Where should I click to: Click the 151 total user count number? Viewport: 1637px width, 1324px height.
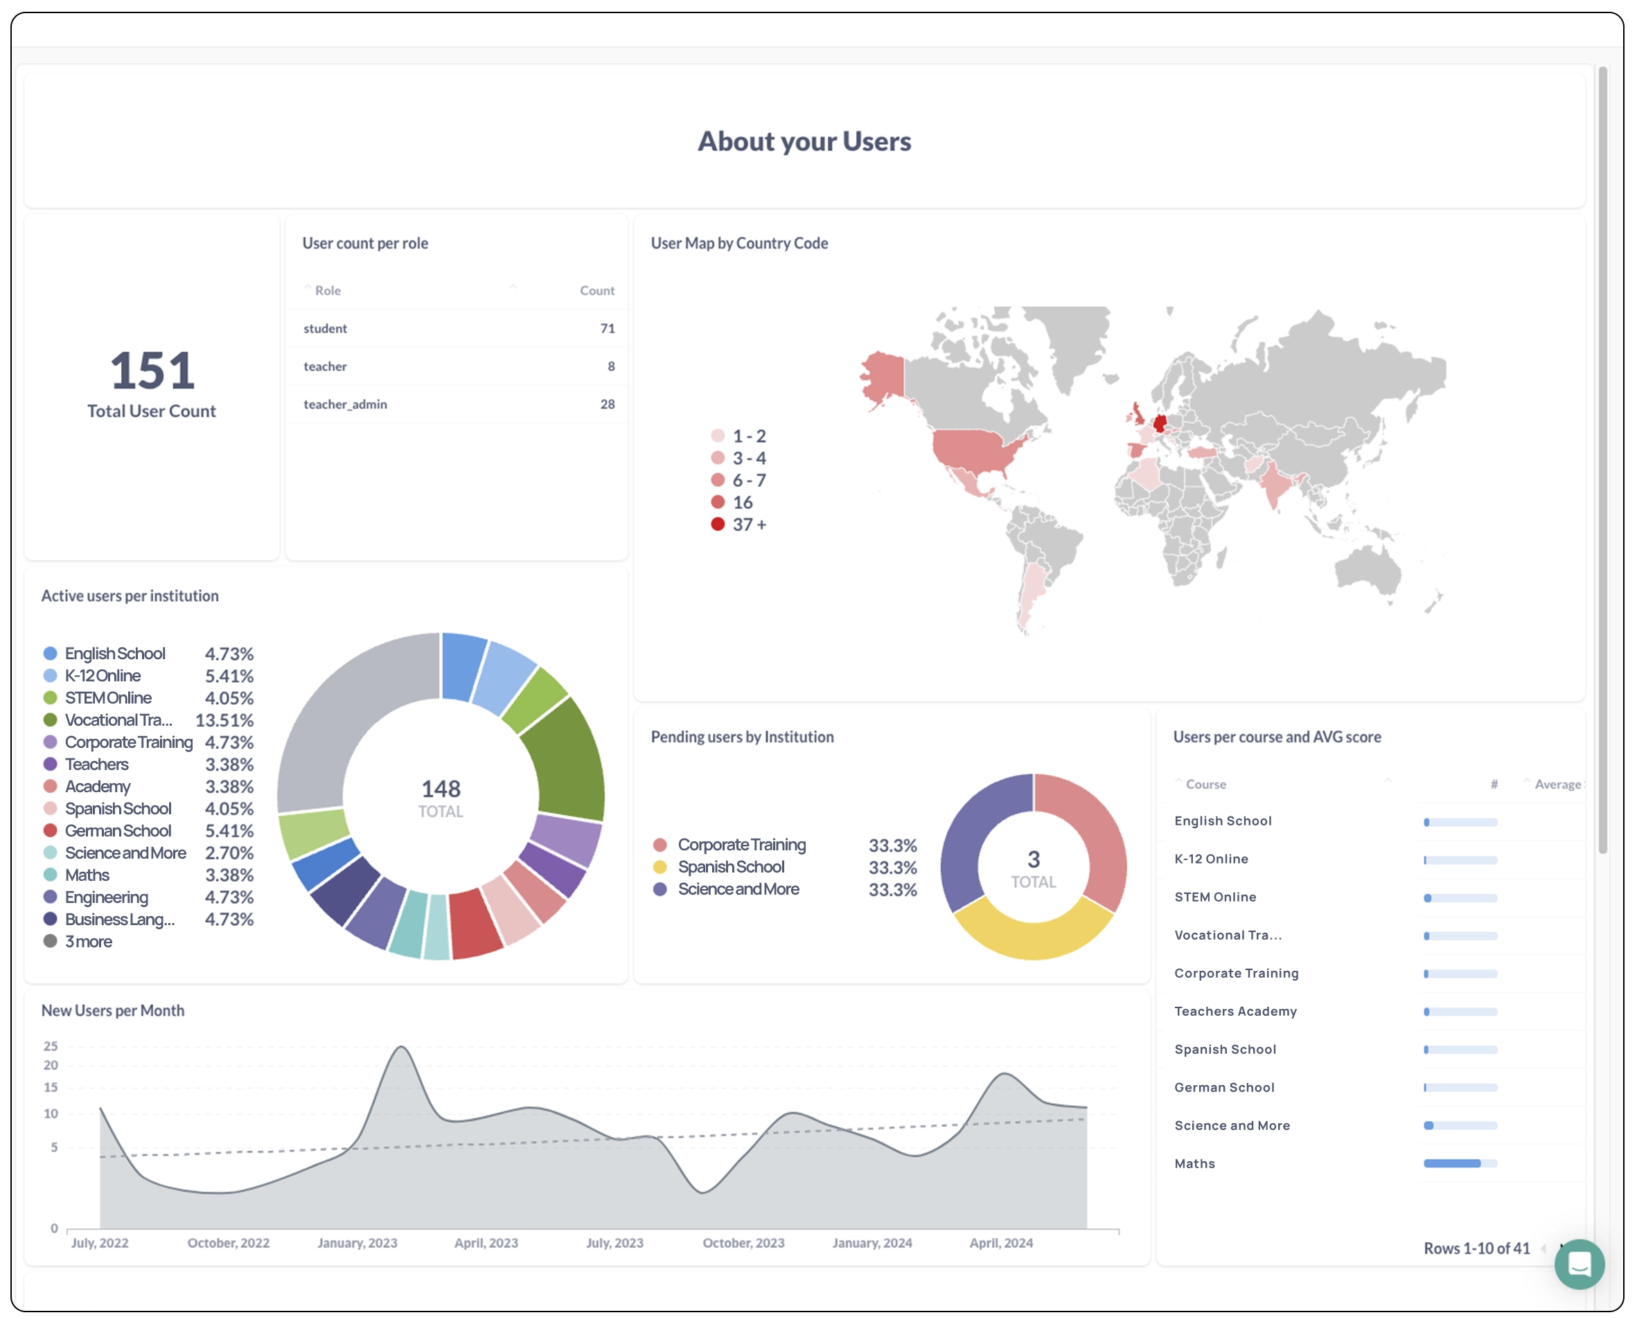tap(152, 370)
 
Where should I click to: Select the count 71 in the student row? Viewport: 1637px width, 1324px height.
tap(607, 329)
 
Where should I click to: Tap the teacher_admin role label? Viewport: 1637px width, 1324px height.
tap(345, 404)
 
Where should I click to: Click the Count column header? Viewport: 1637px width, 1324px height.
tap(596, 291)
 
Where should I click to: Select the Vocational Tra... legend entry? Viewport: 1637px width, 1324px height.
tap(118, 720)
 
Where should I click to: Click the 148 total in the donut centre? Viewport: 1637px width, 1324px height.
tap(441, 789)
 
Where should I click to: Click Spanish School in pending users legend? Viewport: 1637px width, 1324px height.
tap(731, 867)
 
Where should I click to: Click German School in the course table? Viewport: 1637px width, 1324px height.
tap(1223, 1088)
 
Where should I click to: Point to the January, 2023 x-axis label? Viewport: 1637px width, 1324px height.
tap(357, 1243)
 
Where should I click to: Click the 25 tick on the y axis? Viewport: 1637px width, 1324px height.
tap(51, 1046)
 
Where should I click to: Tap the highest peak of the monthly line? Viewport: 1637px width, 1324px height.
tap(401, 1048)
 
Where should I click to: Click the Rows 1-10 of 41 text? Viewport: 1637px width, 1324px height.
tap(1476, 1249)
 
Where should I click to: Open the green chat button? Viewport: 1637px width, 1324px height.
tap(1578, 1264)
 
